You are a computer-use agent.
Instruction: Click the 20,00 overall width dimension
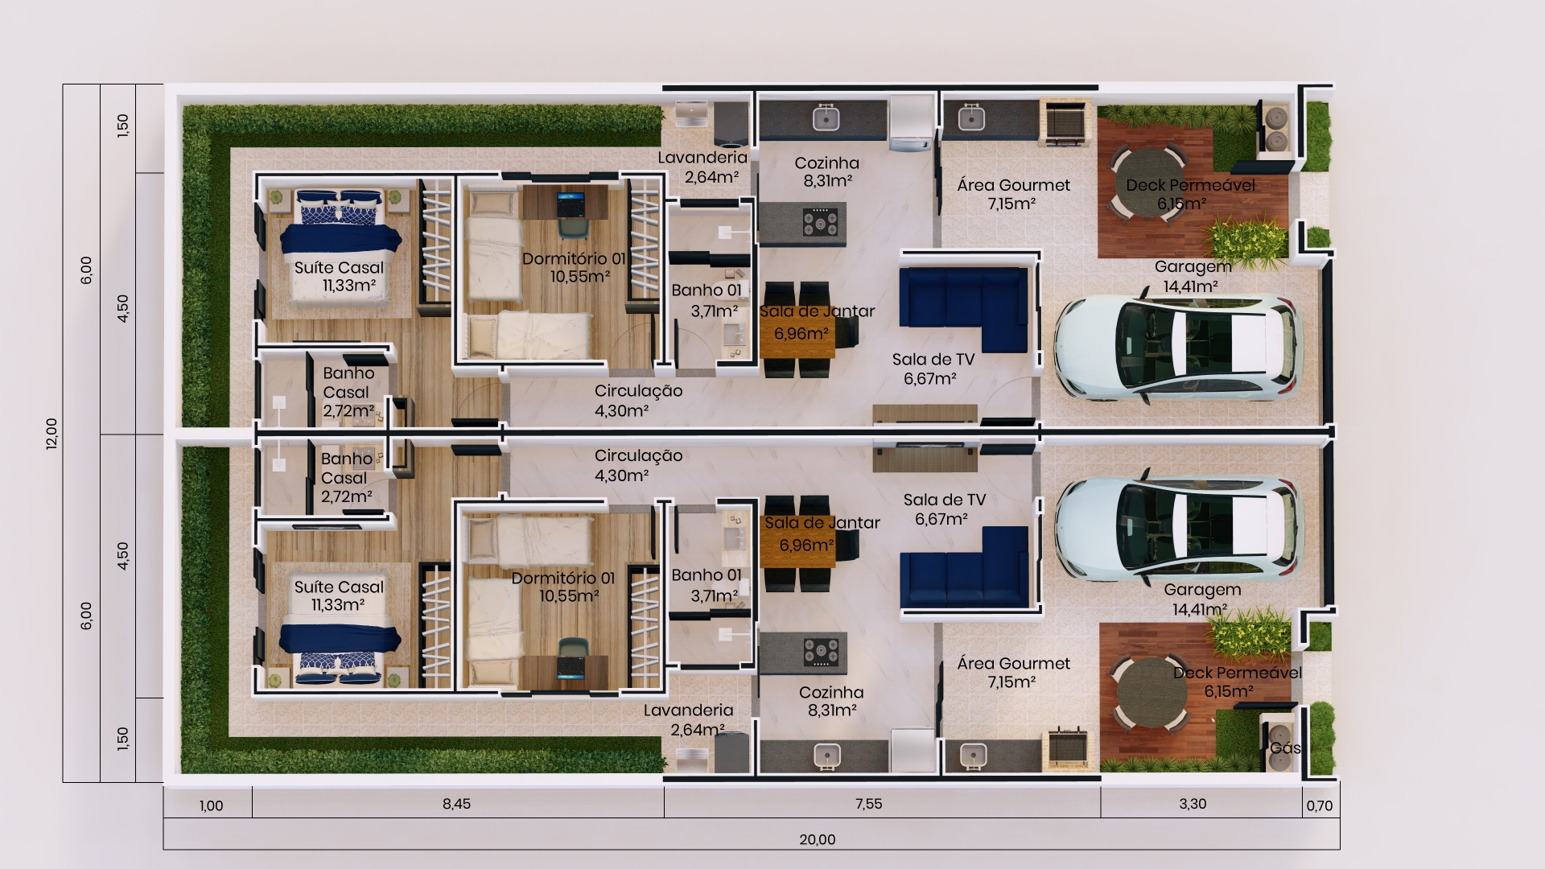click(817, 839)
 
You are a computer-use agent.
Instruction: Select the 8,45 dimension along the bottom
click(456, 804)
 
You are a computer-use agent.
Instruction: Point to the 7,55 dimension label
click(869, 804)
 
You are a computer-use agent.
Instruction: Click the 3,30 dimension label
click(1193, 804)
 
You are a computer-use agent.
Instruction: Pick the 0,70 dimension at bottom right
click(1320, 805)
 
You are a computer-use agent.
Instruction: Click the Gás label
click(1284, 748)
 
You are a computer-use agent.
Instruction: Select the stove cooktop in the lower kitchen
click(820, 652)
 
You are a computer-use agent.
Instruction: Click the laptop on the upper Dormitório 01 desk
click(571, 204)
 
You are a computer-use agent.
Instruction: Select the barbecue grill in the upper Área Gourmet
click(1065, 123)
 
